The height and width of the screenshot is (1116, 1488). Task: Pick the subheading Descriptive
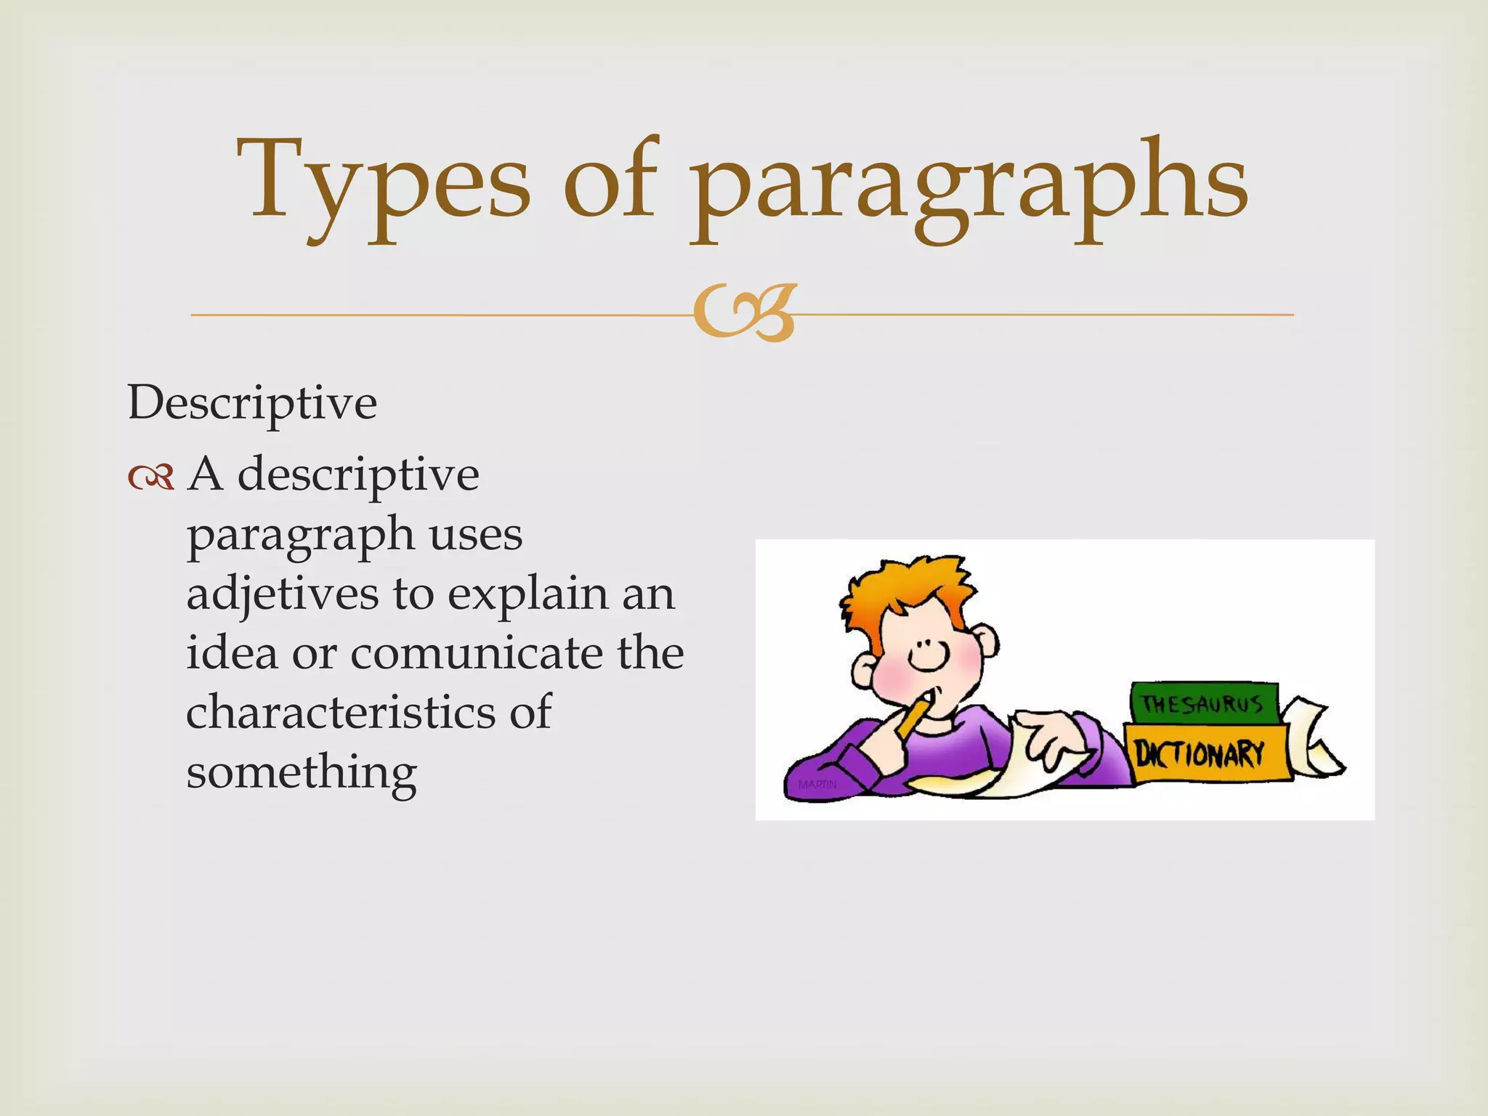coord(252,403)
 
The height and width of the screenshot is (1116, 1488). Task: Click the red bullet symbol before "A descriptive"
coord(151,477)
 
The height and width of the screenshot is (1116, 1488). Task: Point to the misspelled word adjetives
coord(283,594)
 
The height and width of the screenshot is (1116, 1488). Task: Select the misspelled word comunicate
coord(477,652)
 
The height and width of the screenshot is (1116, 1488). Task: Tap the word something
coord(302,772)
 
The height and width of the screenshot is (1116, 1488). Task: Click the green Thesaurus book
coord(1202,703)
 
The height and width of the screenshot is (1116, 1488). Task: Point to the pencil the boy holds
coord(913,716)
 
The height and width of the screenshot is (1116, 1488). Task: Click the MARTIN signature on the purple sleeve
coord(817,785)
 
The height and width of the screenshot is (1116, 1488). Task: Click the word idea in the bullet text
coord(232,652)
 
